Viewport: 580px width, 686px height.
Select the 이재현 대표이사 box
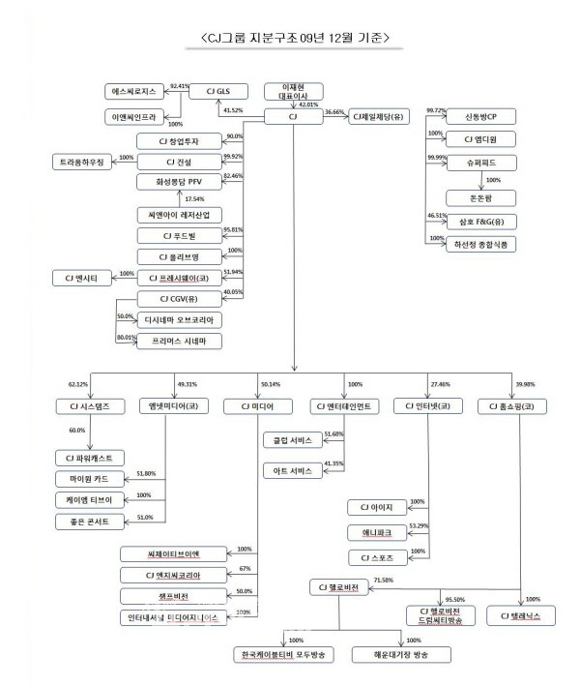tap(292, 94)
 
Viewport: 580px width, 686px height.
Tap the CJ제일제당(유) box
tap(383, 115)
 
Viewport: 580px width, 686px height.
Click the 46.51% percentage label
tap(436, 215)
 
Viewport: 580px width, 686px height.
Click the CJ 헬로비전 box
tap(344, 587)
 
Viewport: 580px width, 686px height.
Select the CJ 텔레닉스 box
tap(523, 613)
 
